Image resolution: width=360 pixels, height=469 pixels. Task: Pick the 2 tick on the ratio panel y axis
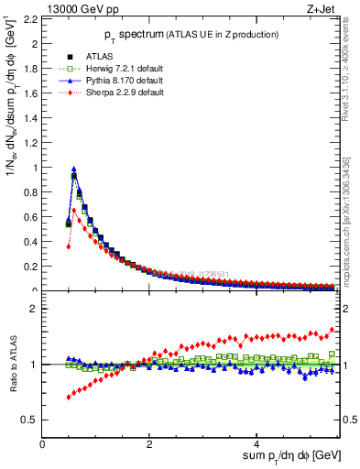click(35, 309)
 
